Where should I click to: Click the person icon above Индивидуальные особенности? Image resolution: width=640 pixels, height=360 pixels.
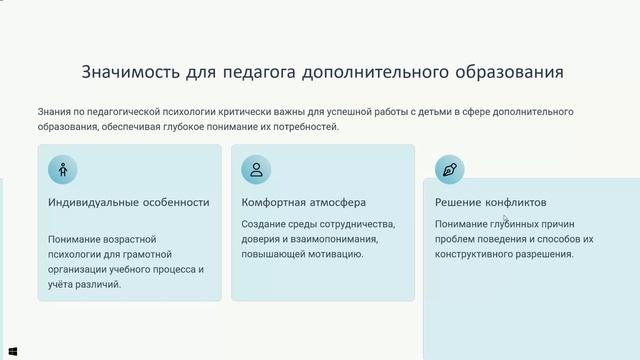point(63,169)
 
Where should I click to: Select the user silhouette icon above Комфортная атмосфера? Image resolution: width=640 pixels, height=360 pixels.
point(256,169)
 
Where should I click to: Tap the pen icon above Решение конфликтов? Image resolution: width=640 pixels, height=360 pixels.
point(450,169)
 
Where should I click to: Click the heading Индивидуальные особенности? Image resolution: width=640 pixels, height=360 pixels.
point(128,202)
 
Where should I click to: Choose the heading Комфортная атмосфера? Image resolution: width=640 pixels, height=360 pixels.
point(303,202)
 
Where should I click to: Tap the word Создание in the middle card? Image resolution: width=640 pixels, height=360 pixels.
point(264,224)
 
